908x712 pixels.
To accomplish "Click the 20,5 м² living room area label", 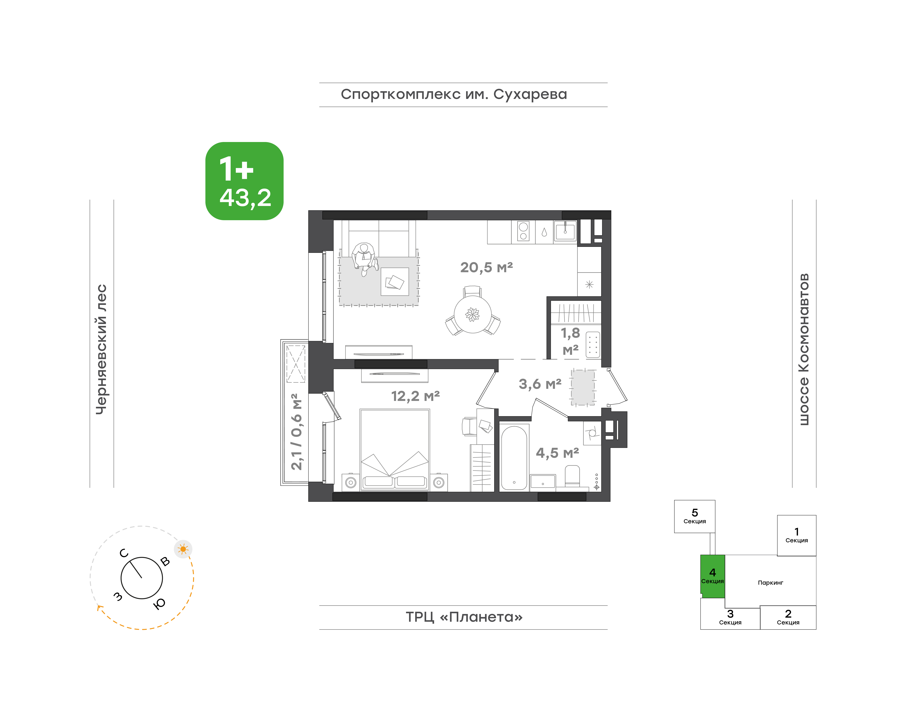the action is point(486,267).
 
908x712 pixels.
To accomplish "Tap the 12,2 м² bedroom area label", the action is point(415,396).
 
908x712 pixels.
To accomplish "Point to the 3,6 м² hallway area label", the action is point(540,384).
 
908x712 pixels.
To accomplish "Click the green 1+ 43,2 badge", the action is point(244,181).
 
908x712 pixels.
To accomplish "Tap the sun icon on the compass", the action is point(183,549).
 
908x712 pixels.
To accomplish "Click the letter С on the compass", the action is point(124,553).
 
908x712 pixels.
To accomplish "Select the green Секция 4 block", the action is point(712,576).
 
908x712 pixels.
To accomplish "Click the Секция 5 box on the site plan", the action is point(694,516).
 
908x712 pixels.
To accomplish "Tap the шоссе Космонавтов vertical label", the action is point(804,349).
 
